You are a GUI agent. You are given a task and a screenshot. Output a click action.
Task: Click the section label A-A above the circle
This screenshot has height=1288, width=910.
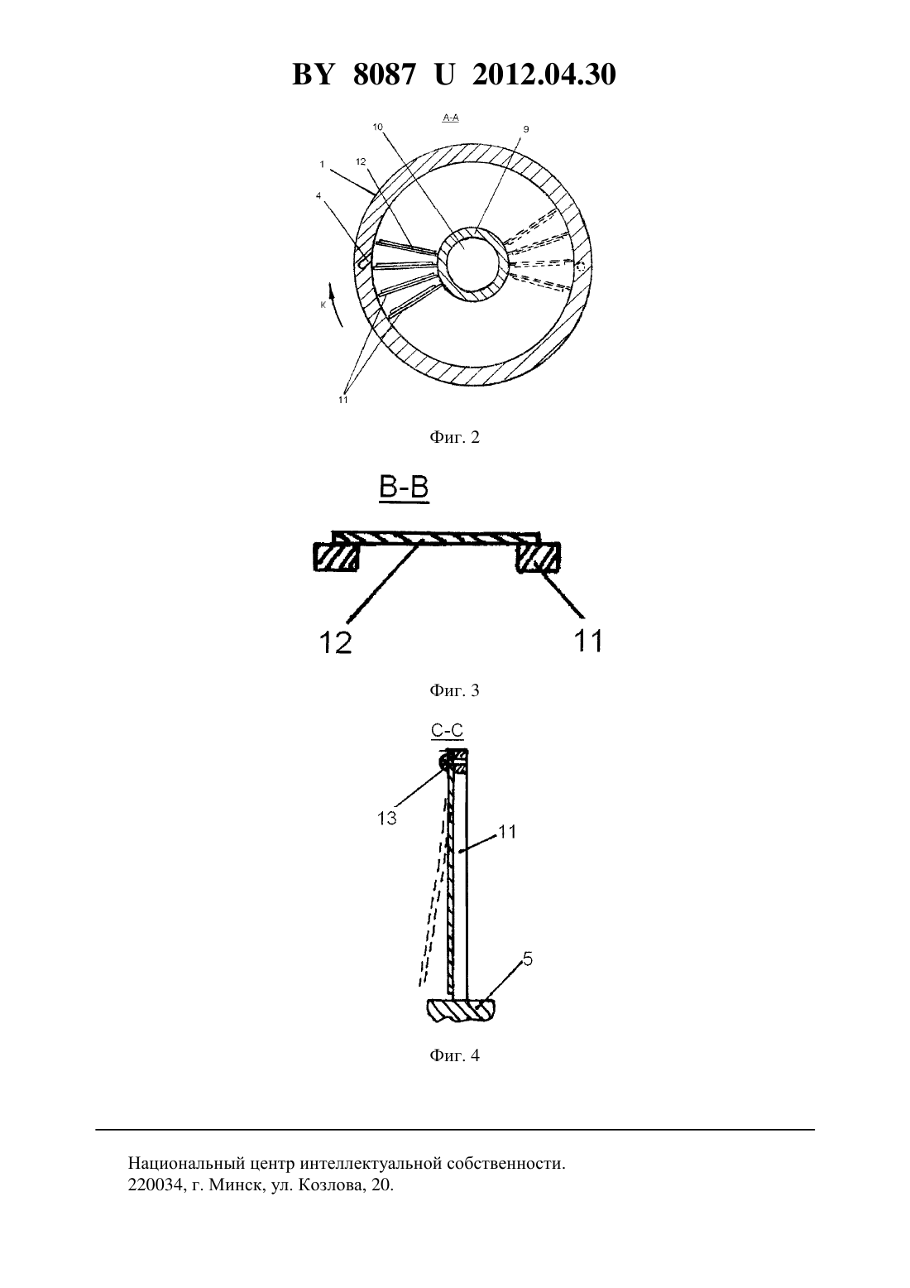coord(450,118)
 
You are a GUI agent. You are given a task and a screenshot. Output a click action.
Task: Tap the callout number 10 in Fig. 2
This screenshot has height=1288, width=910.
coord(377,127)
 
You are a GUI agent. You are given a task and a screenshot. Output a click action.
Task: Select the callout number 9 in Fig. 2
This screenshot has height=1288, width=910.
coord(525,129)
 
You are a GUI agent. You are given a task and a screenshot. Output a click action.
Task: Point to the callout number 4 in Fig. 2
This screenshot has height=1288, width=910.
coord(318,195)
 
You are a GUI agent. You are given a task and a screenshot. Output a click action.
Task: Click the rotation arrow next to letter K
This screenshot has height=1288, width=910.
coord(338,304)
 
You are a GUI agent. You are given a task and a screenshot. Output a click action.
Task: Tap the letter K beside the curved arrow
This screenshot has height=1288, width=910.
coord(323,305)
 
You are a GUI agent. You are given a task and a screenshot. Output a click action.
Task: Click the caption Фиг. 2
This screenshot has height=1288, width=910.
coord(454,438)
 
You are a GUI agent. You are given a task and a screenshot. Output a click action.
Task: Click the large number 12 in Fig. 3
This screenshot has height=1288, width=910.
coord(336,642)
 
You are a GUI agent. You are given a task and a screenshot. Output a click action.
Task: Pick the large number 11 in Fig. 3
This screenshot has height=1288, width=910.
coord(588,640)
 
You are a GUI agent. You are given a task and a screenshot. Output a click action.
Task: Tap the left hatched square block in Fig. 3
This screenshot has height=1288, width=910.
coord(336,557)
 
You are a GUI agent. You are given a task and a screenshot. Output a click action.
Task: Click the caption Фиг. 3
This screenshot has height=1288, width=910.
coord(454,690)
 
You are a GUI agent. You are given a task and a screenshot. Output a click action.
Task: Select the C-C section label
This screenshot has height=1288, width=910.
coord(447,731)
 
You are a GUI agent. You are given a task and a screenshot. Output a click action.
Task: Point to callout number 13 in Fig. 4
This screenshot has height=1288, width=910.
coord(387,819)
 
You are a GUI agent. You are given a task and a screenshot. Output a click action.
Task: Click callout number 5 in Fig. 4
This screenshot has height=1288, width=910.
coord(528,959)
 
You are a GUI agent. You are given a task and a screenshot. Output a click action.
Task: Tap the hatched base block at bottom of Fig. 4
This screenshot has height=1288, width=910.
coord(460,1010)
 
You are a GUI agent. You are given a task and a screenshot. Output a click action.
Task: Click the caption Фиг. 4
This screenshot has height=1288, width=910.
coord(454,1055)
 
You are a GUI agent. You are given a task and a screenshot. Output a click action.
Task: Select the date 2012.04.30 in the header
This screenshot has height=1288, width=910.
coord(544,74)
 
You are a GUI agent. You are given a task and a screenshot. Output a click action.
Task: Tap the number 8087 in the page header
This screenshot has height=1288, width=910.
coord(383,74)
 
